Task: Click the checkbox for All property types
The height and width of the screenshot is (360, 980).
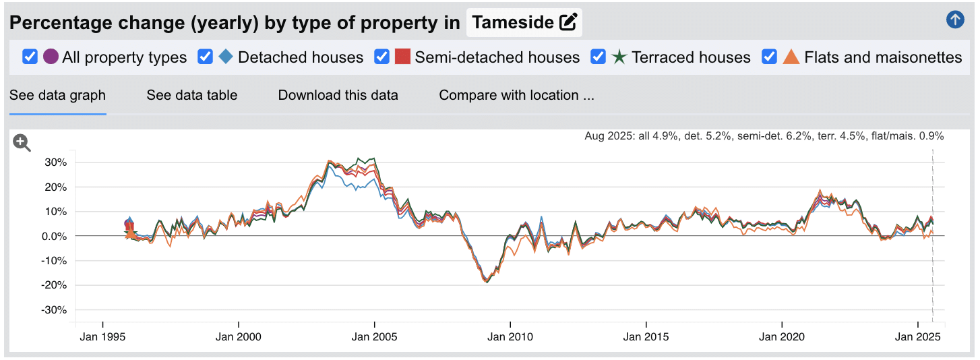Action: [30, 57]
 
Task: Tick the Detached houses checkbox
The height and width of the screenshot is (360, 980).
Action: [206, 57]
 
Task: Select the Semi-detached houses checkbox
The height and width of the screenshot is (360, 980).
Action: [382, 57]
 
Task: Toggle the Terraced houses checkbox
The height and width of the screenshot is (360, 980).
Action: [599, 57]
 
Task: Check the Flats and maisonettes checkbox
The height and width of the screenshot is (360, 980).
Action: [770, 57]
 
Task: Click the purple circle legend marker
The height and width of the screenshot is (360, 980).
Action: [51, 57]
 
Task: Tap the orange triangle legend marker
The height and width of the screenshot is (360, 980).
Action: [791, 57]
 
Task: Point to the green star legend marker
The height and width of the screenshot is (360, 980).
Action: [619, 57]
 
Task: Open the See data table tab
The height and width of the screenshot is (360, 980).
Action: [191, 95]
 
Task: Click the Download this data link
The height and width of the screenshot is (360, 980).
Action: [338, 95]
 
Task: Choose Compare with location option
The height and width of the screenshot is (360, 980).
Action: [516, 95]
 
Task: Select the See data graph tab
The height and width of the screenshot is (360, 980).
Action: [57, 95]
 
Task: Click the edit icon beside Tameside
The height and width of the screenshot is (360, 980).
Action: [569, 22]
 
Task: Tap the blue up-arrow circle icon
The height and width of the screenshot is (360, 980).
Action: [955, 20]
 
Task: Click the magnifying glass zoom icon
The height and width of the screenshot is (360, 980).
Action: [22, 143]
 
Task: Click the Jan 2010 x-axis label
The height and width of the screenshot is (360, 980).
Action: [510, 336]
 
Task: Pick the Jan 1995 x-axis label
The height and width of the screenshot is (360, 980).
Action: [102, 336]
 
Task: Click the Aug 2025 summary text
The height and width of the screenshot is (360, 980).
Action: [764, 136]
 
